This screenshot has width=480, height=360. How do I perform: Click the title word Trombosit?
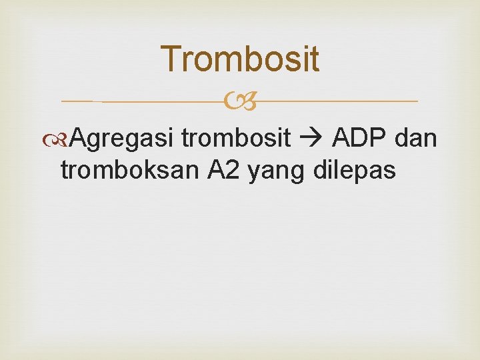240,59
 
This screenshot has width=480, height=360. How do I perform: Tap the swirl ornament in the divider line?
241,102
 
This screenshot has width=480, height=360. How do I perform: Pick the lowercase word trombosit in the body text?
236,139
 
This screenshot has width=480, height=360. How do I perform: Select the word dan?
416,138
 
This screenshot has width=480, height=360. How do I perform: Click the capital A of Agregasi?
77,138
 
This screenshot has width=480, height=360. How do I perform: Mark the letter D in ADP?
361,138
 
